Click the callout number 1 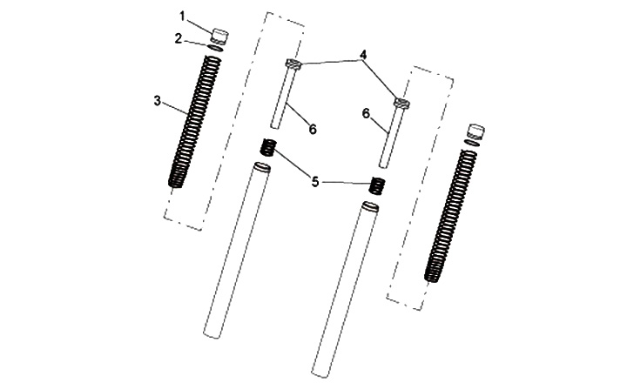(182, 17)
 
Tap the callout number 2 (179, 39)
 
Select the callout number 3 (158, 101)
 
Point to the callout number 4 (362, 54)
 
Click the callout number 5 (315, 182)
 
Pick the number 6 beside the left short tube (313, 129)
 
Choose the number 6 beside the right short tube (367, 113)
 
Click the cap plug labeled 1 (219, 36)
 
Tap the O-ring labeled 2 (216, 48)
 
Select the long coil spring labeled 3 (195, 122)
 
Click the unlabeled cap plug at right (475, 132)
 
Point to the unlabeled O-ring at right (472, 143)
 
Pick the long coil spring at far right (451, 216)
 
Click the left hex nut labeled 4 (293, 64)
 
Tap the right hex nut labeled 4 (401, 103)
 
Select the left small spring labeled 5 (268, 147)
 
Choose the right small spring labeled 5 (377, 185)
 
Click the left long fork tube (237, 251)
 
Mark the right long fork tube (345, 290)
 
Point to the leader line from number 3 (175, 107)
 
